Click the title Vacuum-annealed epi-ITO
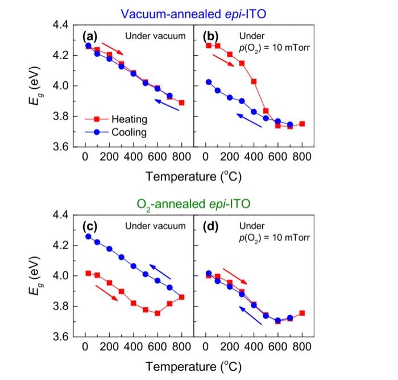[194, 10]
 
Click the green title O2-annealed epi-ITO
[194, 203]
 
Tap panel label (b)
[212, 36]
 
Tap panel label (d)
[212, 226]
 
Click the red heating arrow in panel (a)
[112, 51]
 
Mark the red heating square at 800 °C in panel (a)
[181, 103]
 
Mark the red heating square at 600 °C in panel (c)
[157, 313]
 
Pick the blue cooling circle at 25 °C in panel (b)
[209, 82]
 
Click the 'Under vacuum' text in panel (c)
[155, 226]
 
